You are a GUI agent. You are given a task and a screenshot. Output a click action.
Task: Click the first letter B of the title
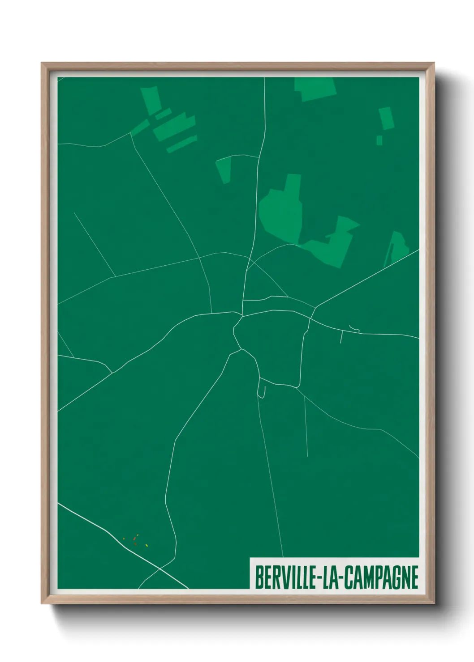[x=259, y=577]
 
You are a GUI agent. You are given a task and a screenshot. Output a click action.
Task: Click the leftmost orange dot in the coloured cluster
[x=124, y=539]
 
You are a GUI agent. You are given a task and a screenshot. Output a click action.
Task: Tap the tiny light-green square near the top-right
[x=379, y=140]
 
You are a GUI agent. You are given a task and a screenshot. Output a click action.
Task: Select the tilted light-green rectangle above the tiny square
[x=386, y=118]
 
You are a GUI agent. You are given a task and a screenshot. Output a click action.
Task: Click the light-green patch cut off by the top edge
[x=315, y=88]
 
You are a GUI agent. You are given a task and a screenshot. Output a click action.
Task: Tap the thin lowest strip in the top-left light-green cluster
[x=182, y=144]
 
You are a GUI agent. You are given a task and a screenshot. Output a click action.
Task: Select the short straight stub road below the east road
[x=341, y=336]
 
